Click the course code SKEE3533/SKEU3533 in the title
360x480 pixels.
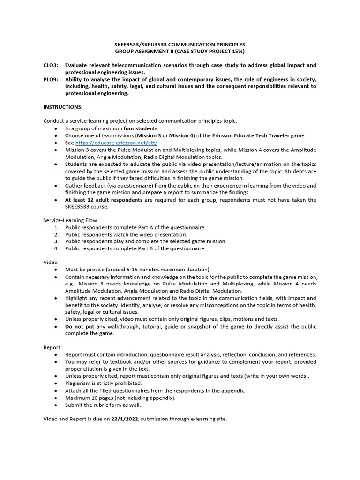click(141, 45)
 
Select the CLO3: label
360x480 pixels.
click(51, 65)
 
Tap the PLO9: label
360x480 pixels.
click(51, 79)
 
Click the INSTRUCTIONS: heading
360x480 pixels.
click(63, 107)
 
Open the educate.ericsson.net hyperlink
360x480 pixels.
click(116, 142)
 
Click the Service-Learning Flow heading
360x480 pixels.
click(70, 220)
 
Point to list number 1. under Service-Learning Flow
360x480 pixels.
click(56, 227)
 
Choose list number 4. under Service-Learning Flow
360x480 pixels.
click(56, 248)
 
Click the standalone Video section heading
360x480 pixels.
click(50, 262)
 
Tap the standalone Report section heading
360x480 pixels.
click(52, 347)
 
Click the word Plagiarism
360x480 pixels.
click(80, 383)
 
